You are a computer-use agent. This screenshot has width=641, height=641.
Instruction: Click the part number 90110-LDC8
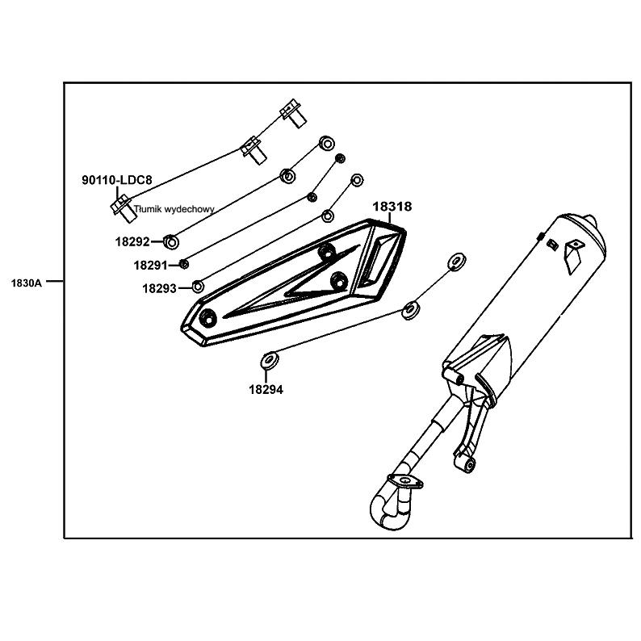pyautogui.click(x=117, y=180)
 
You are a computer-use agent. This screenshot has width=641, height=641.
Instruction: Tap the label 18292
pyautogui.click(x=132, y=242)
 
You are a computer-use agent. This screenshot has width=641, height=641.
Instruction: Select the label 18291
pyautogui.click(x=150, y=266)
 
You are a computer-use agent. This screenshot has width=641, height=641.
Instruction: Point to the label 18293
pyautogui.click(x=159, y=289)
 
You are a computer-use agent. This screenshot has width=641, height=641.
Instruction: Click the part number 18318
pyautogui.click(x=392, y=207)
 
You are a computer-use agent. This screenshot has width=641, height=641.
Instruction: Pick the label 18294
pyautogui.click(x=266, y=390)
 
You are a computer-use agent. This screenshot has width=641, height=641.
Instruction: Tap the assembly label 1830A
pyautogui.click(x=26, y=283)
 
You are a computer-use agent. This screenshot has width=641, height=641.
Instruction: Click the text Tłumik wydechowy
pyautogui.click(x=174, y=209)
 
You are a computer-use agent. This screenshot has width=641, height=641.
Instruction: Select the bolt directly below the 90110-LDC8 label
pyautogui.click(x=122, y=209)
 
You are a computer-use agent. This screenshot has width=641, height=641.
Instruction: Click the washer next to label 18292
pyautogui.click(x=171, y=242)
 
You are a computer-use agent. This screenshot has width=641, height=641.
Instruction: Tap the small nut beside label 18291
pyautogui.click(x=184, y=264)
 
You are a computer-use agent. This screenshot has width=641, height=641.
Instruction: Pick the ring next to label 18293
pyautogui.click(x=198, y=287)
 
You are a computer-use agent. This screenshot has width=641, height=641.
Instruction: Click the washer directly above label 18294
pyautogui.click(x=270, y=360)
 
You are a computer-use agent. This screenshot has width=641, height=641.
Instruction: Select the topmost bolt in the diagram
pyautogui.click(x=293, y=113)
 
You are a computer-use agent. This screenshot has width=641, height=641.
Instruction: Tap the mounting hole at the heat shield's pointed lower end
pyautogui.click(x=208, y=316)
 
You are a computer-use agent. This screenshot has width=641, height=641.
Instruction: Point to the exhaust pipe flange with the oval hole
pyautogui.click(x=405, y=481)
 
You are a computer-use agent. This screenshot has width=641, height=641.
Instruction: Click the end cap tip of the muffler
pyautogui.click(x=591, y=221)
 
